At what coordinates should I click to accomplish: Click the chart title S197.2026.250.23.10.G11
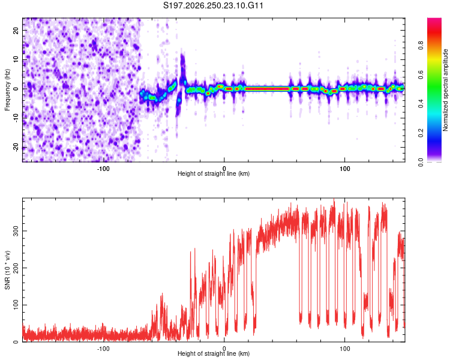tap(213, 5)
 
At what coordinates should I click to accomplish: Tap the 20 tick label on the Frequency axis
tap(16, 30)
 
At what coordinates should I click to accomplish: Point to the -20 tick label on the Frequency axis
tap(16, 147)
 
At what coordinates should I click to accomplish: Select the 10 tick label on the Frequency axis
tap(16, 59)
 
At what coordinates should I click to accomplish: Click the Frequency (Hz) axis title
tap(7, 90)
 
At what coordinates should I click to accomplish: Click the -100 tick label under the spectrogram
tap(103, 169)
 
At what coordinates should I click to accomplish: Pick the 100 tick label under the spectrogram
tap(344, 169)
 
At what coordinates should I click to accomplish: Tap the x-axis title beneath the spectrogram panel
tap(214, 173)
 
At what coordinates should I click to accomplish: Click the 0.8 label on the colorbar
tap(421, 46)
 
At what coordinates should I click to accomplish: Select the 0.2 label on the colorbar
tap(421, 133)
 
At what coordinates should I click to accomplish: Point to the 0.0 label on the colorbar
tap(421, 162)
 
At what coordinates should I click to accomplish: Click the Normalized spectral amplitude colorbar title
tap(445, 90)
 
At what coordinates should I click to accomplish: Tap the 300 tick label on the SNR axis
tap(16, 231)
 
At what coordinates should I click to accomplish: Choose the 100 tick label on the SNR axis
tap(16, 305)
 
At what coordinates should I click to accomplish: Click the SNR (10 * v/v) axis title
tap(7, 270)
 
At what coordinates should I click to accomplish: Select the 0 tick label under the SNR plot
tap(224, 349)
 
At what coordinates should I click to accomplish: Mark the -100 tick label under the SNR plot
tap(103, 349)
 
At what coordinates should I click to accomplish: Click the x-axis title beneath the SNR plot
tap(214, 353)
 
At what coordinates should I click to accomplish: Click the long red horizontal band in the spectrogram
tap(267, 89)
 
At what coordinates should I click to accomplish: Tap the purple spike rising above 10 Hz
tap(182, 65)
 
